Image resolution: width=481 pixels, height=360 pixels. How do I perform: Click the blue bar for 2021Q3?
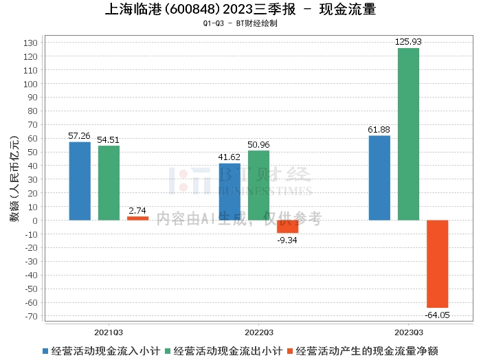pos(80,181)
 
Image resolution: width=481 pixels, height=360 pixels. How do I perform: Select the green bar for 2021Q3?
pos(109,183)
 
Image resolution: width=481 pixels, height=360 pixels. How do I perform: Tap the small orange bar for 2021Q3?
pos(137,218)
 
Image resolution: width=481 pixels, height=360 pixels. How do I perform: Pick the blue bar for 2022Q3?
pos(230,192)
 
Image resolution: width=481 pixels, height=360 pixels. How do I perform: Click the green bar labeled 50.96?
pos(258,185)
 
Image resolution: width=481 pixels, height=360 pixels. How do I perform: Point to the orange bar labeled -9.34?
pos(287,226)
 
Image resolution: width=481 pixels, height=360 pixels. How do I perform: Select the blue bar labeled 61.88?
pos(379,178)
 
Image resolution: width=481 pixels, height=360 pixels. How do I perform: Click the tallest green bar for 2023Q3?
pos(408,134)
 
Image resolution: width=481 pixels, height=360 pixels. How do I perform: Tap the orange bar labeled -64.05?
pos(438,264)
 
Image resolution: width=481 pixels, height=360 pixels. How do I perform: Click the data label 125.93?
pos(408,42)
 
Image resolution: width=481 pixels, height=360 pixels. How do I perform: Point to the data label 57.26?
pos(79,135)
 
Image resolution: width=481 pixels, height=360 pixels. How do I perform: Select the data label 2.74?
pos(137,210)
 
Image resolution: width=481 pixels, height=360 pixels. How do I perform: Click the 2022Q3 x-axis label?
pos(258,333)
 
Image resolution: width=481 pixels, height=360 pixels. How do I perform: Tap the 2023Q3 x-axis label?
pos(409,333)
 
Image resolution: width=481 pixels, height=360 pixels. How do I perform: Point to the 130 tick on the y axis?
pos(30,43)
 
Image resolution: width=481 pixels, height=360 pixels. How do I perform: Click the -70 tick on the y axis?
pos(32,316)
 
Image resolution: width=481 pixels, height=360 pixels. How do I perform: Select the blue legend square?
pos(45,351)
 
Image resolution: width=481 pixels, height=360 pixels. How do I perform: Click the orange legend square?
pos(290,351)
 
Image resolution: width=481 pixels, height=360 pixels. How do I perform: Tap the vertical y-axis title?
pos(14,179)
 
